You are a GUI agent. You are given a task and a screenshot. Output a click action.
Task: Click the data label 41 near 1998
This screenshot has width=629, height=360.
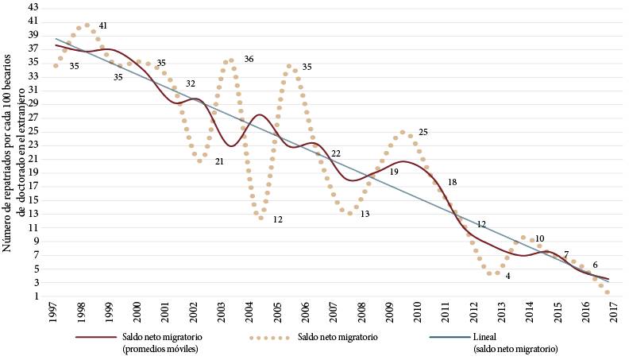[x=104, y=25]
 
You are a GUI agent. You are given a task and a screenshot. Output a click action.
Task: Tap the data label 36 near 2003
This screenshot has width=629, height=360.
[x=249, y=60]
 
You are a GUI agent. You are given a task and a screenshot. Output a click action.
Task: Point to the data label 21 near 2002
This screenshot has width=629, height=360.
[x=218, y=162]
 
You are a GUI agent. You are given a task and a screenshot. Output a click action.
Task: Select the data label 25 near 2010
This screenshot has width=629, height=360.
[x=423, y=132]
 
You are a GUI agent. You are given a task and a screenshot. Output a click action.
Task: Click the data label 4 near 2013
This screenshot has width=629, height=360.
[x=507, y=275]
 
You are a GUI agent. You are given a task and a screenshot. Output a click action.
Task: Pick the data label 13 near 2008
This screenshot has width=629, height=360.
[x=365, y=214]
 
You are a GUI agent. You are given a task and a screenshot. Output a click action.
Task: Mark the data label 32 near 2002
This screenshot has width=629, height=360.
[x=191, y=83]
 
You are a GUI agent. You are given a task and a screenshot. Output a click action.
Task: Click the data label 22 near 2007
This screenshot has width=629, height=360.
[x=335, y=153]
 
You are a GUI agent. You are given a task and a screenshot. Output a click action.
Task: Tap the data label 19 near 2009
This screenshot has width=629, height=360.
[x=394, y=172]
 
